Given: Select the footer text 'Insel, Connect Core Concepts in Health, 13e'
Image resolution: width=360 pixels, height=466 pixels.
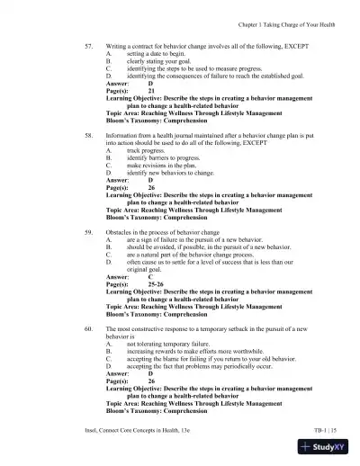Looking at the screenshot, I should point(148,432).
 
